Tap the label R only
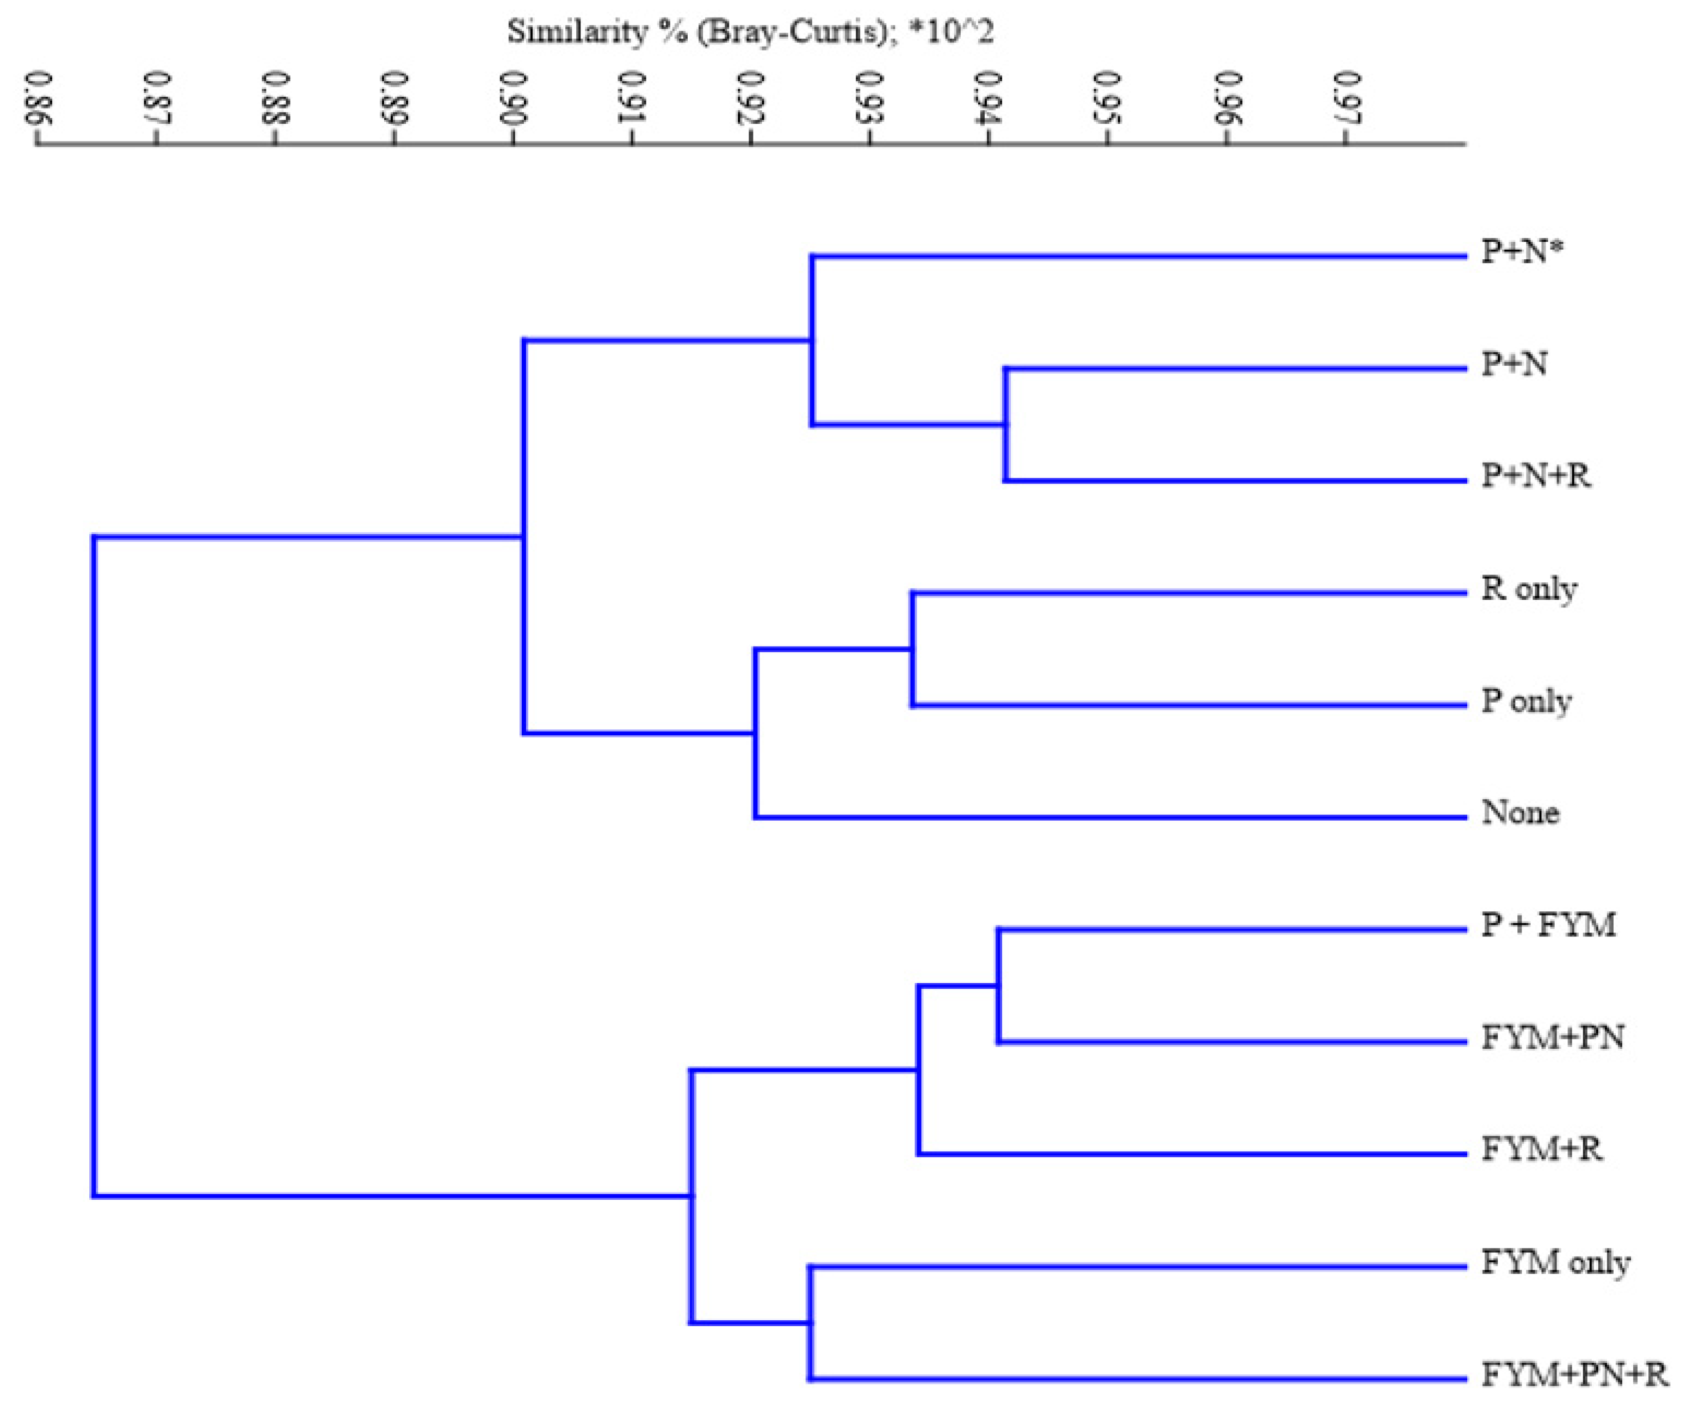point(1529,589)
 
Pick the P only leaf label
point(1526,701)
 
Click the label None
point(1520,813)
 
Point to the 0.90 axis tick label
point(514,98)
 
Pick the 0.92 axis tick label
point(751,98)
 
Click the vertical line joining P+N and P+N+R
point(1005,425)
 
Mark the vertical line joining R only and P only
point(912,649)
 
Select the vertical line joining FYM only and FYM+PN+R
point(811,1322)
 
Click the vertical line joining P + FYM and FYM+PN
point(999,985)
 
